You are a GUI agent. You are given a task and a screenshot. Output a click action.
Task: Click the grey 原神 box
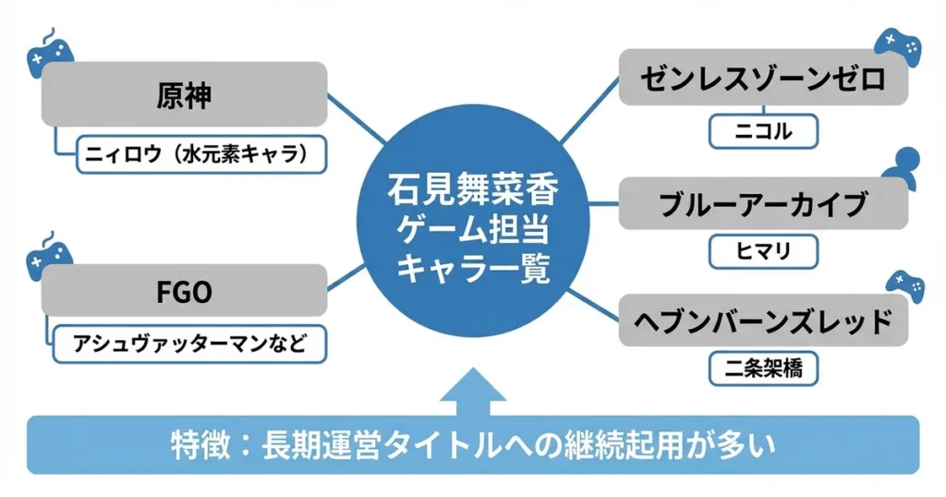pyautogui.click(x=185, y=94)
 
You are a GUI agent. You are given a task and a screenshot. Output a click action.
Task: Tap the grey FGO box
pyautogui.click(x=185, y=294)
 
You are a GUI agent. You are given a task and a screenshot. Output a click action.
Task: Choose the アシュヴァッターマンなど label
pyautogui.click(x=190, y=345)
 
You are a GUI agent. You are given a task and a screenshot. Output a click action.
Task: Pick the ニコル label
pyautogui.click(x=763, y=131)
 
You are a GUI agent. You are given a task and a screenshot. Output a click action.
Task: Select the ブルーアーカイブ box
pyautogui.click(x=763, y=203)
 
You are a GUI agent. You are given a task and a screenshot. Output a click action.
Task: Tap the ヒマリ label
pyautogui.click(x=763, y=250)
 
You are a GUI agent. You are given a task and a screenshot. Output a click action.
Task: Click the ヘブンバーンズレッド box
pyautogui.click(x=763, y=321)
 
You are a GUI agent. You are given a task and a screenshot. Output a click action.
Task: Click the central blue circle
pyautogui.click(x=472, y=222)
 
